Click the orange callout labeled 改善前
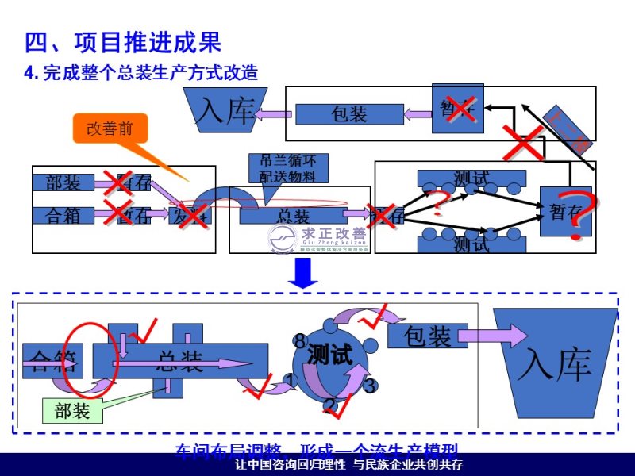(x=110, y=129)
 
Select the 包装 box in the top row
(x=349, y=114)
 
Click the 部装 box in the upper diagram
(x=63, y=183)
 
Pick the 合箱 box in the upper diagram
(x=63, y=214)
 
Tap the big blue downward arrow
(x=303, y=274)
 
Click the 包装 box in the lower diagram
(x=429, y=336)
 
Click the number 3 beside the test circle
(x=369, y=386)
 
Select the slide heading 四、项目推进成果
(x=122, y=42)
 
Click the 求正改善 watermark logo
(x=317, y=237)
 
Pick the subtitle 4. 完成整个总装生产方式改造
(x=142, y=72)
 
